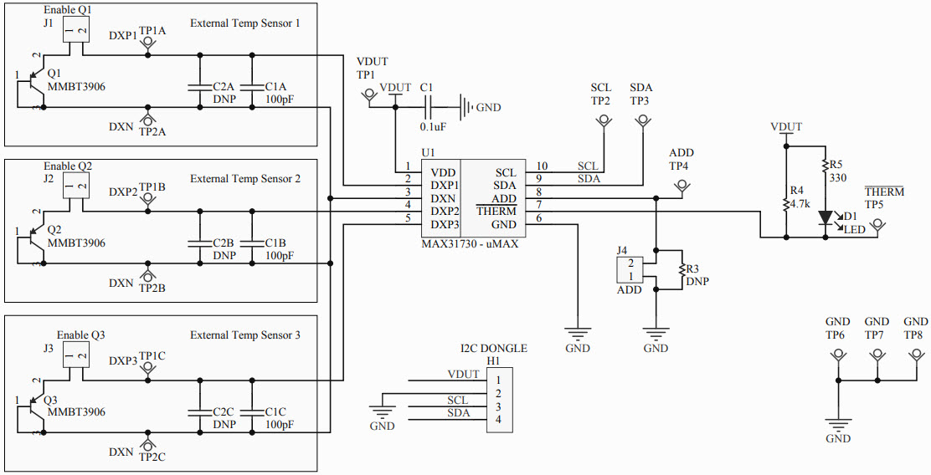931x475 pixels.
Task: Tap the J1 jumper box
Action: (x=77, y=31)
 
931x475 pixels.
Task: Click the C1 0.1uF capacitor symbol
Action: (x=429, y=107)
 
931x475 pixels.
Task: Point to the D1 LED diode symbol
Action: (x=826, y=217)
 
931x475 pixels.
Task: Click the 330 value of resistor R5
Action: (x=837, y=178)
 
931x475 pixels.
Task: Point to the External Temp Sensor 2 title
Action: (x=244, y=179)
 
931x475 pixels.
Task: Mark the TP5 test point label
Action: (x=874, y=204)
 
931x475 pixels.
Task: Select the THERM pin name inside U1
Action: (x=496, y=212)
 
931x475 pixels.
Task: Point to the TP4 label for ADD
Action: (x=679, y=166)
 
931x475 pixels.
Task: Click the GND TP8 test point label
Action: (x=915, y=335)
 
